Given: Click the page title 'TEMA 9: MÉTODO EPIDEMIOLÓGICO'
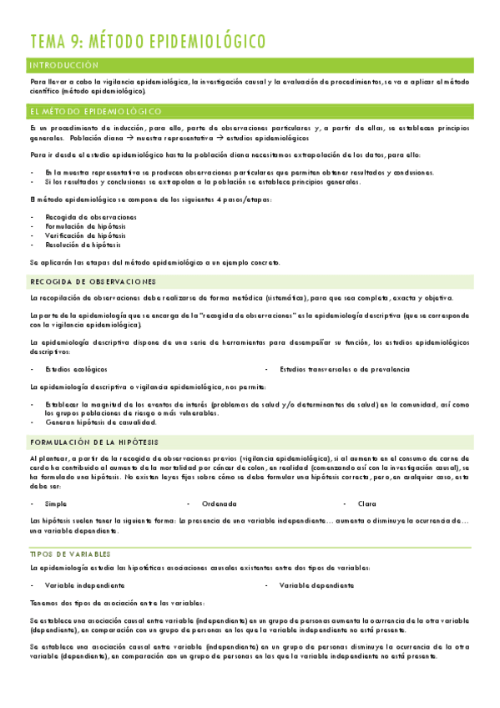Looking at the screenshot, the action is pos(148,42).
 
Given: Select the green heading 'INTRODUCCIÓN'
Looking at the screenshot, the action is pos(63,65).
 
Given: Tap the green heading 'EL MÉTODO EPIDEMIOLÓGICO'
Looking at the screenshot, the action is pos(96,111).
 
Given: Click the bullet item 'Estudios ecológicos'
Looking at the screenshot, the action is pos(76,368).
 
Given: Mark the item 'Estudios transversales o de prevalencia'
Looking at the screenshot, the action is pos(345,368).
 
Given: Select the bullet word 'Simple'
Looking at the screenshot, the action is pos(56,503).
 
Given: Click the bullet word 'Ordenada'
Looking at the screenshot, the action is pos(220,503).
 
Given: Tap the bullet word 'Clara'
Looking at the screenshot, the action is pos(366,503).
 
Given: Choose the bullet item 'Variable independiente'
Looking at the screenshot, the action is pos(84,585).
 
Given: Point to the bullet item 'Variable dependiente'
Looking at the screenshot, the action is pos(316,585).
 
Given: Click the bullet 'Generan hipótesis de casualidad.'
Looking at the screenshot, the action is pos(101,422).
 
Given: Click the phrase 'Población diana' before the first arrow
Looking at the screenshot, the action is pos(96,138).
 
